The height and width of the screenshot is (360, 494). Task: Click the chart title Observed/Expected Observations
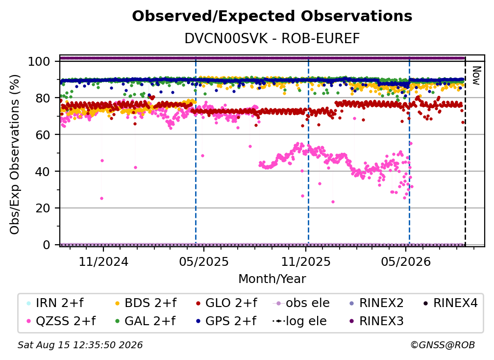[272, 16]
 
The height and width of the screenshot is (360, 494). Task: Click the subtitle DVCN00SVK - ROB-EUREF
[272, 39]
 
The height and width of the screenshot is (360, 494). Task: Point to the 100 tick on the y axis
[39, 61]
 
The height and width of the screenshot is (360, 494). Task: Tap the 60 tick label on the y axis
[43, 135]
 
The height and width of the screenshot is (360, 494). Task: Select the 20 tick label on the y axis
[43, 208]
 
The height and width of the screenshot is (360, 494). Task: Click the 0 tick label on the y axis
[47, 245]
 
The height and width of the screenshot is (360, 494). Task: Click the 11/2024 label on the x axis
[103, 261]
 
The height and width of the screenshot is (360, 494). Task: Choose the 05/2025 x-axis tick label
[204, 261]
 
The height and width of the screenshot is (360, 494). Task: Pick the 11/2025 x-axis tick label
[306, 261]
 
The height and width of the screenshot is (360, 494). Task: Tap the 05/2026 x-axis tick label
[406, 261]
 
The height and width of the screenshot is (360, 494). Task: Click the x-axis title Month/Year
[272, 279]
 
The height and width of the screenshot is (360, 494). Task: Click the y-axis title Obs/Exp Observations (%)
[15, 154]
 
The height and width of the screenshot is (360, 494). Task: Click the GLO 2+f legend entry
[226, 303]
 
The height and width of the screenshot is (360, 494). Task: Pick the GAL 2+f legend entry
[146, 321]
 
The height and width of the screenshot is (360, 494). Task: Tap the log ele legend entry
[299, 321]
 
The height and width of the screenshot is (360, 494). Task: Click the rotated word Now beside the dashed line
[476, 76]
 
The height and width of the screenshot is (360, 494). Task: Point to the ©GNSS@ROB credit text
[443, 345]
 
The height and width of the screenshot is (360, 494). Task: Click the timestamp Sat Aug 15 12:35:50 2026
[80, 345]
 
